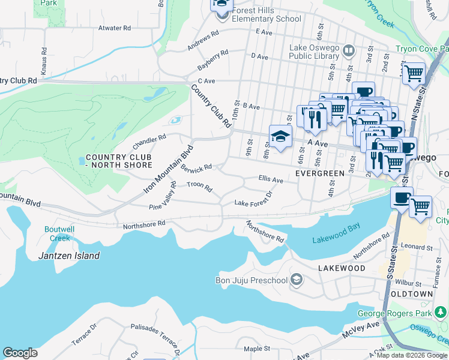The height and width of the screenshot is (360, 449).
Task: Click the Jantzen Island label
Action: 70,256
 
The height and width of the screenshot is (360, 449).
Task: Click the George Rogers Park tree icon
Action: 442,313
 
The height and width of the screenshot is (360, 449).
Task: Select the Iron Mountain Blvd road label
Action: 169,169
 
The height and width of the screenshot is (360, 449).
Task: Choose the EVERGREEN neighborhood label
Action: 321,173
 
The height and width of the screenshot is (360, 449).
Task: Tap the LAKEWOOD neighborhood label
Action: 342,268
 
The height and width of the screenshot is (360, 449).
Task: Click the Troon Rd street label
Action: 199,187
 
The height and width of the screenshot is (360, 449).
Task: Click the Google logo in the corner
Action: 20,353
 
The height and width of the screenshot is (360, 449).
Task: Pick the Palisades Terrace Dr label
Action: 155,337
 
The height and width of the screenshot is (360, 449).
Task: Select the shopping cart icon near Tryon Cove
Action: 413,74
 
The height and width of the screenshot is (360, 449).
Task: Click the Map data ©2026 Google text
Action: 411,356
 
